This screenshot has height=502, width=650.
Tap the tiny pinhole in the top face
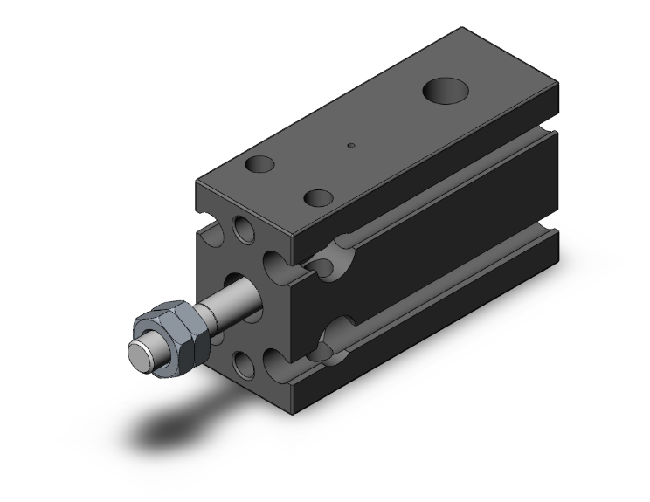(350, 146)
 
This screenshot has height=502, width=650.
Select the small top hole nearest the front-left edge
(260, 163)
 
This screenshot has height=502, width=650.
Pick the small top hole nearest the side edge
(320, 198)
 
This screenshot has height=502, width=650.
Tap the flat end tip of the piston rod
(137, 355)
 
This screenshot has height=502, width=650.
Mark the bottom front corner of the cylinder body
(301, 410)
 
